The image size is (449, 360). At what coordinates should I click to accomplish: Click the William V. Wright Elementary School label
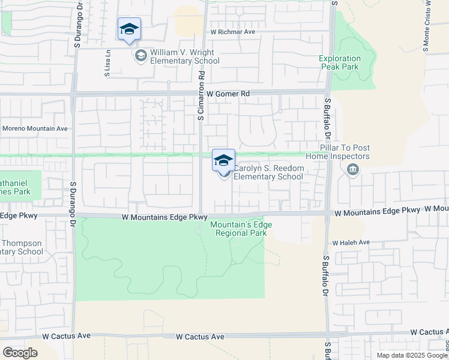(x=185, y=57)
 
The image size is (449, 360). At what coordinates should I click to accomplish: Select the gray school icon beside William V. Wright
(x=140, y=56)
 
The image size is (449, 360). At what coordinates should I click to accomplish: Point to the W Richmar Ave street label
(x=233, y=31)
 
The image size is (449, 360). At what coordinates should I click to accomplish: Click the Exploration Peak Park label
(x=339, y=62)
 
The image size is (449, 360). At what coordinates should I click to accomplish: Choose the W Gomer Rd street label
(x=228, y=94)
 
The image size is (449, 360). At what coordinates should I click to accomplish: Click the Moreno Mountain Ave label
(x=35, y=128)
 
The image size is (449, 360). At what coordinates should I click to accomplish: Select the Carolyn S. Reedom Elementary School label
(x=268, y=172)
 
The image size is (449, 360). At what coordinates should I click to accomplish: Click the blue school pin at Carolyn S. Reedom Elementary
(x=223, y=161)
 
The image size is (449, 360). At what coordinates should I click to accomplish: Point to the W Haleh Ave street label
(x=352, y=242)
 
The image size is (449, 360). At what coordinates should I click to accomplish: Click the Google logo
(x=20, y=352)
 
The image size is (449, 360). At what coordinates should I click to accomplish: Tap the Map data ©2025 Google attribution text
(x=411, y=355)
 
